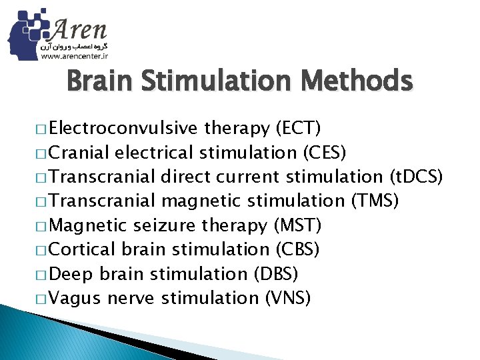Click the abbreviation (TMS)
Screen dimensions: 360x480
point(374,201)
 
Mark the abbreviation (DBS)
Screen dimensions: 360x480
point(275,274)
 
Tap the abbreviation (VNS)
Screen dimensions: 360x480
point(288,298)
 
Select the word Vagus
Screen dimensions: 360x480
point(73,298)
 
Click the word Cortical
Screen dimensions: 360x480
point(82,249)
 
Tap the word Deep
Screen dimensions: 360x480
point(72,274)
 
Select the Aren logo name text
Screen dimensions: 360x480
point(79,29)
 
